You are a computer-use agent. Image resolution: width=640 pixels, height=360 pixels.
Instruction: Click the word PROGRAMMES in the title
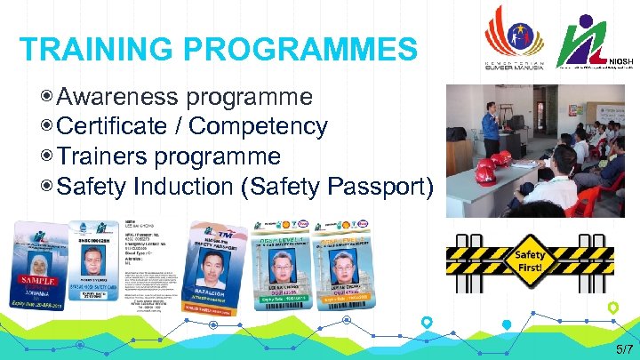(x=292, y=49)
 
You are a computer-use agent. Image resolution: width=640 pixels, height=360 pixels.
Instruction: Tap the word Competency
(x=259, y=126)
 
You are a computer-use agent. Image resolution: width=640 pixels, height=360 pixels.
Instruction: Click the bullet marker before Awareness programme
(x=47, y=96)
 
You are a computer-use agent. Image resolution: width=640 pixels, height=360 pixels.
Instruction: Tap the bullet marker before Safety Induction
(x=47, y=187)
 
